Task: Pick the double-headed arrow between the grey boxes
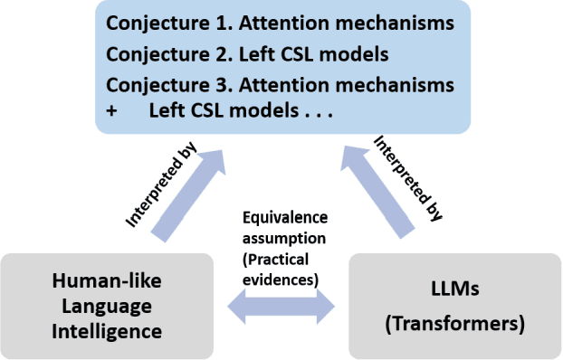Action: click(x=281, y=309)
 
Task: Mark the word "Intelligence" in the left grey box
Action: click(x=106, y=331)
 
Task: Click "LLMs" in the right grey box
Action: click(x=455, y=293)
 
